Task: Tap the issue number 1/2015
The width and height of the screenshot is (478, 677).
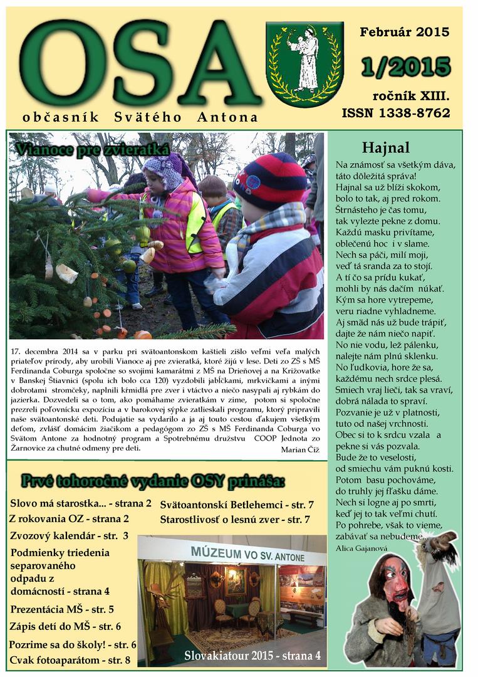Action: pos(406,67)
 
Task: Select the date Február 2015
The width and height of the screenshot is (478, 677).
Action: pos(404,33)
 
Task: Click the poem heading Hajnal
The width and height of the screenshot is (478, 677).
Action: pos(385,148)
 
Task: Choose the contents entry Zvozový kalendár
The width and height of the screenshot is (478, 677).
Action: pos(69,536)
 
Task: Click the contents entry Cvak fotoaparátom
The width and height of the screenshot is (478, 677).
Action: pos(70,659)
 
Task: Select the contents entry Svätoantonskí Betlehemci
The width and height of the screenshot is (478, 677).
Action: pos(237,505)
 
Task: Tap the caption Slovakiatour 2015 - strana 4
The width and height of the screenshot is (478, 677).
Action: pos(252,656)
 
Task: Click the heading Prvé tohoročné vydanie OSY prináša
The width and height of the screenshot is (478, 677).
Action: pos(153,481)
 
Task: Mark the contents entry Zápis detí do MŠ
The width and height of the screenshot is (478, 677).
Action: pos(65,626)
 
